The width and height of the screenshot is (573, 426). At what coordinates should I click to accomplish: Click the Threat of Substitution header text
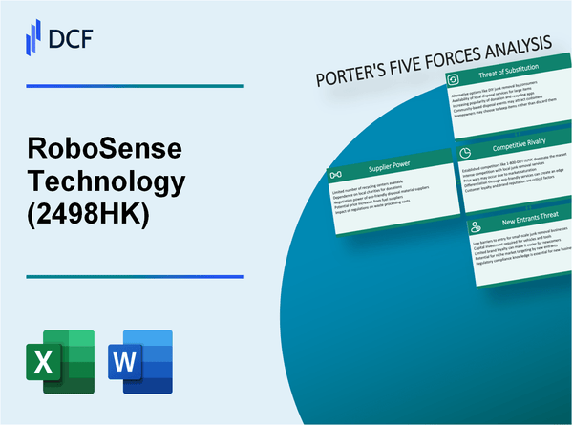click(x=517, y=78)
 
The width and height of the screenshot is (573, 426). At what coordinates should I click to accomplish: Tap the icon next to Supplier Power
click(x=336, y=177)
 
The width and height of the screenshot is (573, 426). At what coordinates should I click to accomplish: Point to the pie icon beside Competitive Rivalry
click(x=463, y=151)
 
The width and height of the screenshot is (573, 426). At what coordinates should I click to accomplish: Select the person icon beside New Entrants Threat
click(x=475, y=225)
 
